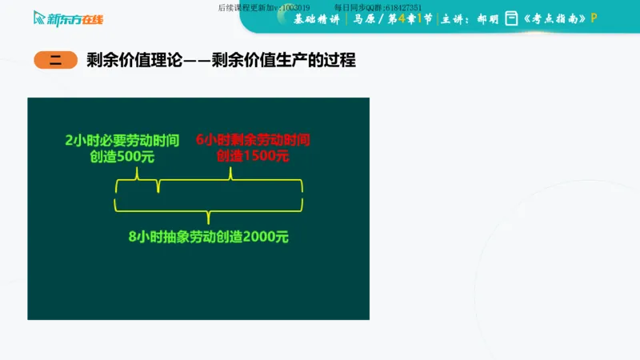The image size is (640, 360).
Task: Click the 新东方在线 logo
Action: [x=68, y=18]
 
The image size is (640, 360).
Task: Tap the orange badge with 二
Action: [x=55, y=60]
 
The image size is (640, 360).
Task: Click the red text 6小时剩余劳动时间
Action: [x=252, y=140]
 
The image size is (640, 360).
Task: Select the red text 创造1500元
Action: [x=252, y=157]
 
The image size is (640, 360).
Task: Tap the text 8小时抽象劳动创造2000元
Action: [x=208, y=237]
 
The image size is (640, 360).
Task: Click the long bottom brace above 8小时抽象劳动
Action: [x=209, y=209]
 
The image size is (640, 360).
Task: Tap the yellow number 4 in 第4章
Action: [x=414, y=19]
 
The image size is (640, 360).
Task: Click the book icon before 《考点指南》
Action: [x=511, y=19]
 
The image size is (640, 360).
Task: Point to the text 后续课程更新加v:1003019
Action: [x=263, y=7]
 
